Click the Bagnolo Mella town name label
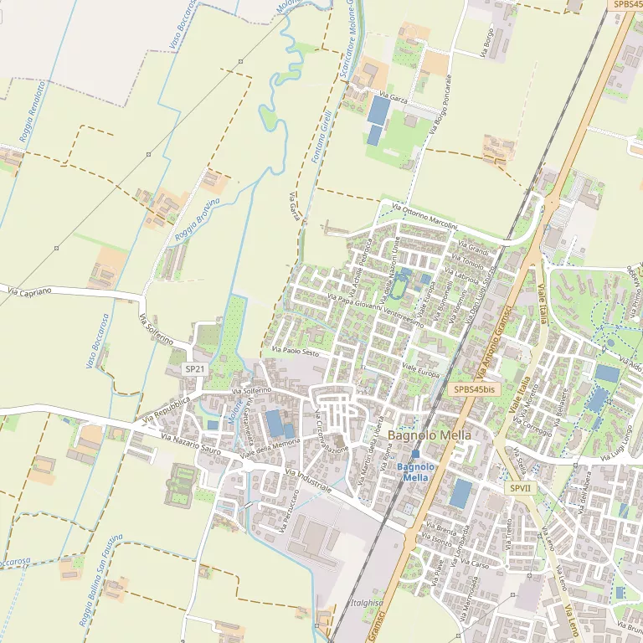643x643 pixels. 430,435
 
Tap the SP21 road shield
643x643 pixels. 195,368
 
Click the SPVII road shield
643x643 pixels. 519,487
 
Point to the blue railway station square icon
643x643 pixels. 415,453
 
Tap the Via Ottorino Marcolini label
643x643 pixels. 426,216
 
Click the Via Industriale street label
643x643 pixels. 309,481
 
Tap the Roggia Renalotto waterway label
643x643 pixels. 33,110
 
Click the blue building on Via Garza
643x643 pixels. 378,111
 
